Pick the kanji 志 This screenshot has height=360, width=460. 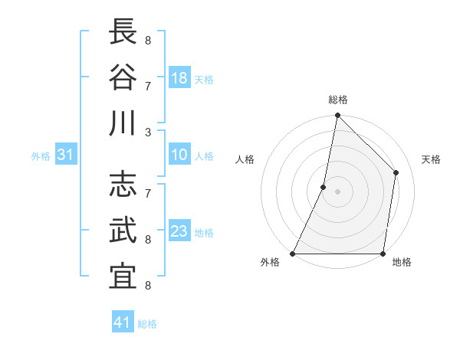point(123,186)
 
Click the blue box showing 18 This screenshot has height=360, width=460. point(179,78)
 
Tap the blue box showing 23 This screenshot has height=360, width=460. point(179,231)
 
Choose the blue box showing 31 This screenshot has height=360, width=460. point(65,155)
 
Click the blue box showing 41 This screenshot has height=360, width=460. point(123,322)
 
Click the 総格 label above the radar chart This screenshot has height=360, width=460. point(338,100)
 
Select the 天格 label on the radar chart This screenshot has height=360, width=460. point(431,159)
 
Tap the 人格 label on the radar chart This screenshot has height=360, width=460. point(245,159)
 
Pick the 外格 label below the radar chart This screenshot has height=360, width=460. point(270,263)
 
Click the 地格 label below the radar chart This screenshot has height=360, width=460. point(402,263)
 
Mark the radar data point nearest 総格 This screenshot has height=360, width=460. point(337,116)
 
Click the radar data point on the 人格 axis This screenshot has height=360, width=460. point(324,187)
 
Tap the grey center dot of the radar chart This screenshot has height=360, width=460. point(337,191)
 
